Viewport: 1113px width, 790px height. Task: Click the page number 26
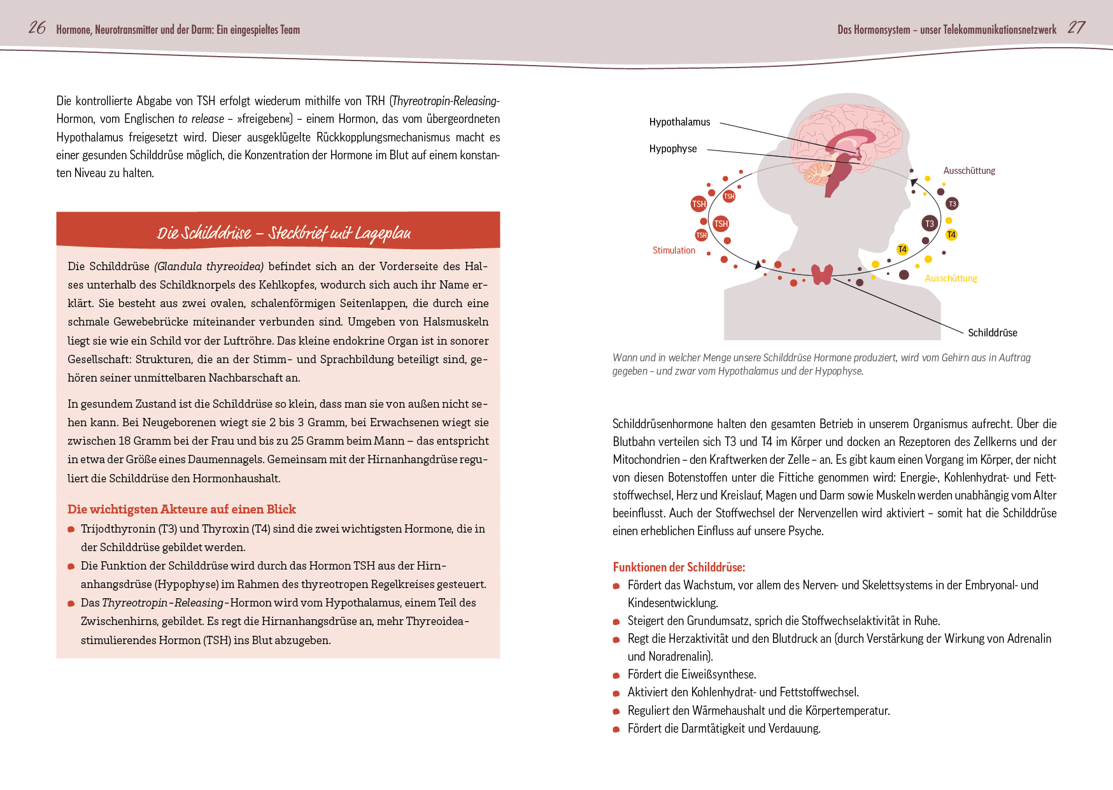(37, 27)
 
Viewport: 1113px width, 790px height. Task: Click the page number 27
(1076, 27)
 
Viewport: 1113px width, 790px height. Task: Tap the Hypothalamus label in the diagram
(679, 122)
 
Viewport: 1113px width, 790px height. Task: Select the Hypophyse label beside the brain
(673, 148)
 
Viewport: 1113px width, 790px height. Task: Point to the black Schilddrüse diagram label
(992, 333)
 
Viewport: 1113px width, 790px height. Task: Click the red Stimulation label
(674, 250)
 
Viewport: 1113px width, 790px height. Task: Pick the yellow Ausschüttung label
(951, 278)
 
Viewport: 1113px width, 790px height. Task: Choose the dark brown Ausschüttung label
(969, 171)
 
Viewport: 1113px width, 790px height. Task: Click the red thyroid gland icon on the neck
(822, 275)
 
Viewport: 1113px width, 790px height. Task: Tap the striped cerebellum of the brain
(816, 172)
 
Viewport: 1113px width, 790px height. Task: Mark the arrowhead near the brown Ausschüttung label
(914, 183)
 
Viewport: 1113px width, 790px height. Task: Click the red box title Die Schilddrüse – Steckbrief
(284, 233)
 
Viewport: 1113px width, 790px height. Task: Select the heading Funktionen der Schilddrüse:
(679, 567)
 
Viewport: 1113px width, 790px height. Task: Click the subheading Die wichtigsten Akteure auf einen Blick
(181, 509)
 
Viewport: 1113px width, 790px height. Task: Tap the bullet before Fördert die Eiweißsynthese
(616, 675)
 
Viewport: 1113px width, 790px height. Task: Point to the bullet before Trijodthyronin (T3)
(71, 529)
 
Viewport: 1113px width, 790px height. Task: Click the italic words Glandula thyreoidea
(209, 266)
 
